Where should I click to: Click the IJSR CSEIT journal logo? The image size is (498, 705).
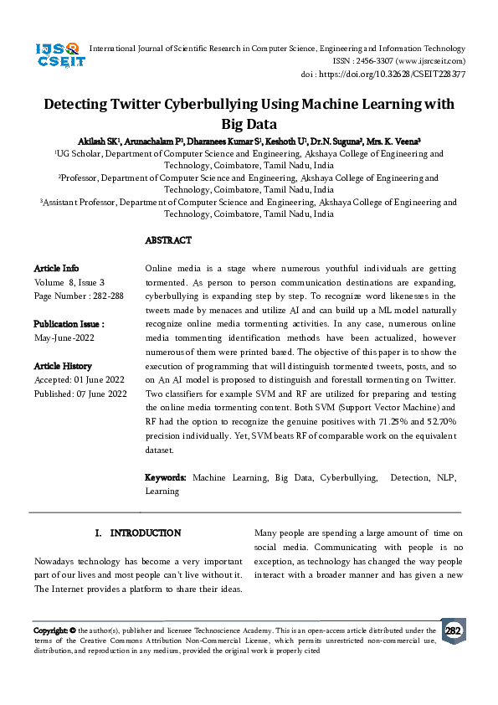57,57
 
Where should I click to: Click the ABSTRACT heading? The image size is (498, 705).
168,240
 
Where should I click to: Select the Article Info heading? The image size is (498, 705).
56,268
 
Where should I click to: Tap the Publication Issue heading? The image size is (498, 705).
69,324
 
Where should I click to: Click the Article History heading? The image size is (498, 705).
63,366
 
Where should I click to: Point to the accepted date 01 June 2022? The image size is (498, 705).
101,379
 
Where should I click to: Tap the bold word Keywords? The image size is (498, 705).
166,477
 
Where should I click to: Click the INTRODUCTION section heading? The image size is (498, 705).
146,533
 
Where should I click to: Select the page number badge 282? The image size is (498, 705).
453,630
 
